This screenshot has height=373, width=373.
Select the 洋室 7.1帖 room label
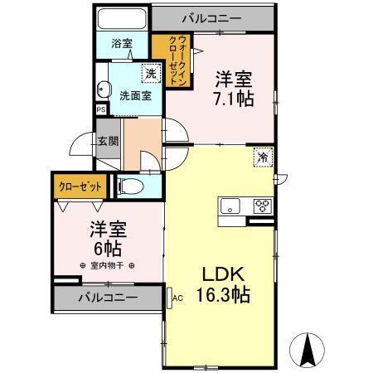point(235,87)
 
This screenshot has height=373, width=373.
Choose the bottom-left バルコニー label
point(108,297)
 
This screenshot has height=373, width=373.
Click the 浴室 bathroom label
point(122,43)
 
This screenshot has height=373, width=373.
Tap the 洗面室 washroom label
point(133,95)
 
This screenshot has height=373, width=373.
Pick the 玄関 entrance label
point(108,141)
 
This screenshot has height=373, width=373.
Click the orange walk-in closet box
point(172,56)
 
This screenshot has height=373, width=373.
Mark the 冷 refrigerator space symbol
point(262,155)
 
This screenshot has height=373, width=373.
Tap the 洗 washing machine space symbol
point(150,74)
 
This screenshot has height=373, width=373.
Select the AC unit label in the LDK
point(177,296)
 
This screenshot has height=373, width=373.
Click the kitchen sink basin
point(230,206)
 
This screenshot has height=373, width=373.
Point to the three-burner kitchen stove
point(263,206)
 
